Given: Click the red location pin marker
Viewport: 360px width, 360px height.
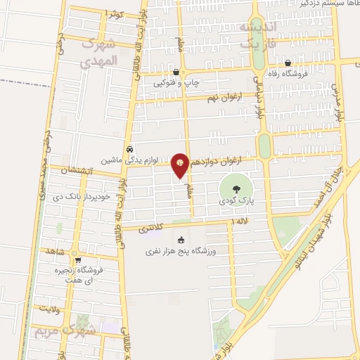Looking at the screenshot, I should [x=181, y=166].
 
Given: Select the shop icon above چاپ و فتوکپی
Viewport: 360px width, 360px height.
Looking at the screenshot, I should [x=184, y=72].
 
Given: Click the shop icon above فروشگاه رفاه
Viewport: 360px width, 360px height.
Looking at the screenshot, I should [x=288, y=63].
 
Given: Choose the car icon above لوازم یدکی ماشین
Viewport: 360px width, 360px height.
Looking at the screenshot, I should [x=129, y=149].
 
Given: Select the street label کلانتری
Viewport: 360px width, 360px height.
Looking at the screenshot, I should [x=151, y=229].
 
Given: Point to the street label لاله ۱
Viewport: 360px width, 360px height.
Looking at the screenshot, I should [x=240, y=223].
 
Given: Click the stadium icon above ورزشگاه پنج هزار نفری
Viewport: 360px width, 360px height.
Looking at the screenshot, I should [x=181, y=240].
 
